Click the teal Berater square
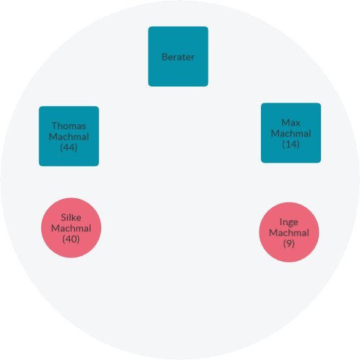(178, 57)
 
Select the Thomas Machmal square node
(69, 136)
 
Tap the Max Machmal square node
(291, 133)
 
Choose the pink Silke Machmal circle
(71, 228)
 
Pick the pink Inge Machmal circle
(289, 232)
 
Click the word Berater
(178, 57)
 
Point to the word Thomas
(69, 126)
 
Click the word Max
(291, 123)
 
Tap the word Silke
(71, 218)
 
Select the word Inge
(289, 223)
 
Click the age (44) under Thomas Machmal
(68, 147)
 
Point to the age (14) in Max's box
(291, 144)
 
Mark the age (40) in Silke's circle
(71, 239)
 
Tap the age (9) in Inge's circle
(289, 243)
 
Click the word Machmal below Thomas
(69, 137)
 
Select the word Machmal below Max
(291, 133)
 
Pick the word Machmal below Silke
(71, 228)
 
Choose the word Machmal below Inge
(289, 232)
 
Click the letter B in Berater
(165, 57)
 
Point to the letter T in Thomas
(54, 126)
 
